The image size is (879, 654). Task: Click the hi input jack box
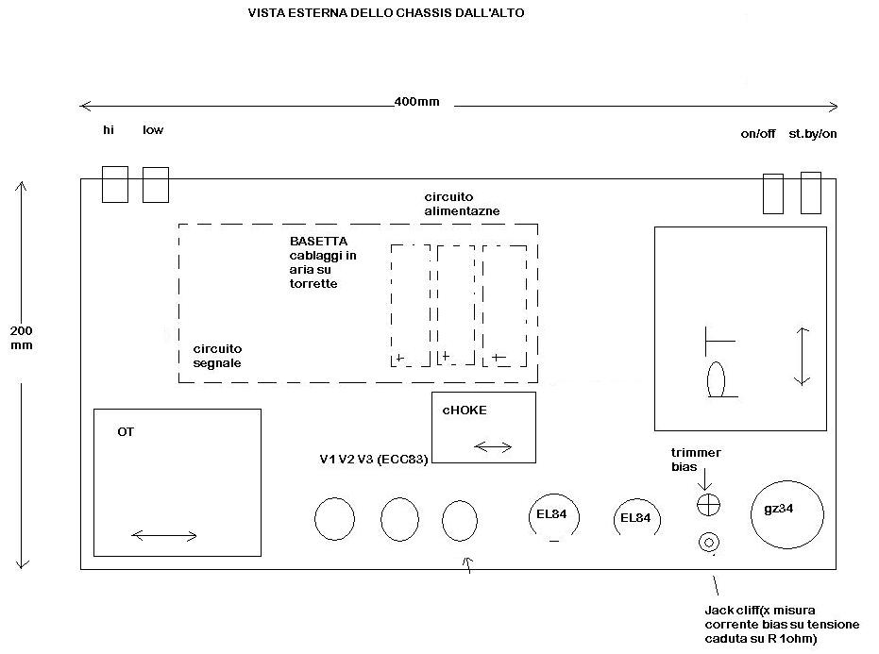(x=114, y=184)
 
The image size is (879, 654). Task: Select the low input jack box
(x=156, y=184)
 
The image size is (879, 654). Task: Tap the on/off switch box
(x=772, y=193)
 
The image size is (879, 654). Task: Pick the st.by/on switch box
(x=811, y=193)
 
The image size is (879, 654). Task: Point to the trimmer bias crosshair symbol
(x=708, y=505)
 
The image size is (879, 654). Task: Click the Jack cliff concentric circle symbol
(x=708, y=542)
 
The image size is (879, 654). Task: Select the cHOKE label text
(x=465, y=411)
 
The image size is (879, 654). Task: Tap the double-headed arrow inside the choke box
(x=494, y=445)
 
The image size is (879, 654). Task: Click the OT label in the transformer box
(x=126, y=431)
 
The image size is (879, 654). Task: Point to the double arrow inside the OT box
(x=164, y=536)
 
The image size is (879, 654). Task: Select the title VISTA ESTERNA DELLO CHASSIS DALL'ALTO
(x=386, y=13)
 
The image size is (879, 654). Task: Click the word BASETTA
(x=318, y=242)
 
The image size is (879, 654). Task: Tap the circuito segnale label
(x=217, y=355)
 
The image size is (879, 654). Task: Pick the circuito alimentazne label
(x=462, y=203)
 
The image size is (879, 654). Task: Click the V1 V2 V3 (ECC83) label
(x=374, y=460)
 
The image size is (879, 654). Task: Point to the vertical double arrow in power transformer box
(x=802, y=356)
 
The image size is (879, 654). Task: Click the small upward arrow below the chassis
(x=465, y=564)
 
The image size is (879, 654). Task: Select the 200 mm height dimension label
(x=21, y=338)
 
